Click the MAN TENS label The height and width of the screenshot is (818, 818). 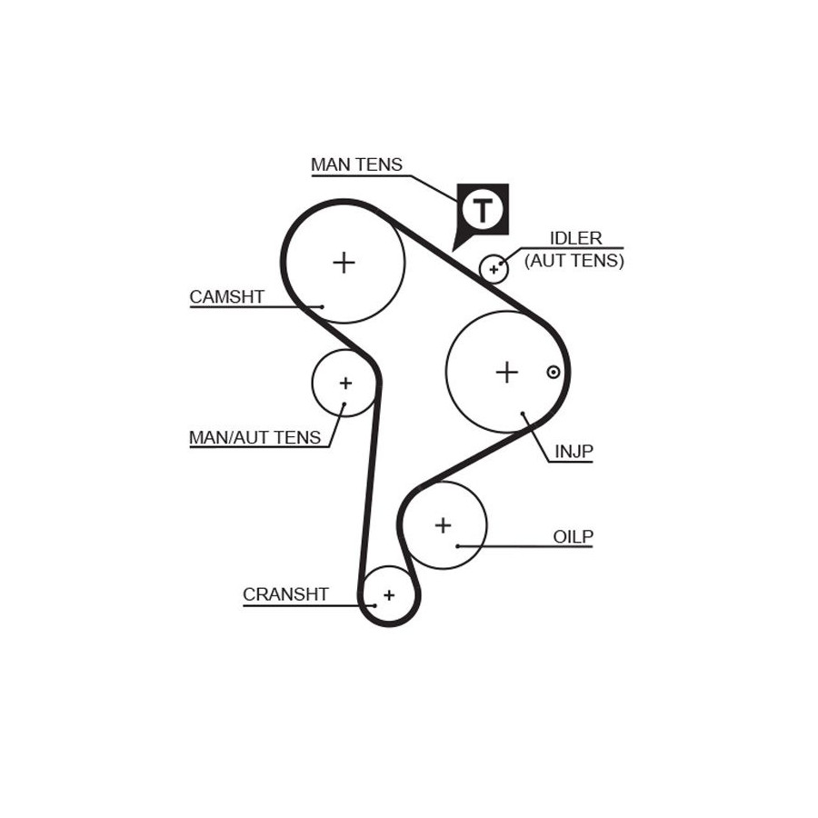(356, 165)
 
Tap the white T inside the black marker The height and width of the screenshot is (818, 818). (482, 211)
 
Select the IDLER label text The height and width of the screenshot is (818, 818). (575, 238)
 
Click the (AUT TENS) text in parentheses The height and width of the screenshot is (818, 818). (574, 260)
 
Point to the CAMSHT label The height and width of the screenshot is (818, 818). (226, 297)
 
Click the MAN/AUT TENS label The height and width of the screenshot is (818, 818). (254, 437)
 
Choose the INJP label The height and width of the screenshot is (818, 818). (573, 451)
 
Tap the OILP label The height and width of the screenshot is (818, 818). (573, 536)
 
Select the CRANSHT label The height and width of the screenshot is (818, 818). (285, 594)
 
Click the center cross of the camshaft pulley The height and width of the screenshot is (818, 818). (344, 263)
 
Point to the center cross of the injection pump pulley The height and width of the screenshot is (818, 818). (506, 372)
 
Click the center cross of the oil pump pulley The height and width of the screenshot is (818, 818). (443, 524)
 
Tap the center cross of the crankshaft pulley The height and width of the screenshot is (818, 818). (389, 595)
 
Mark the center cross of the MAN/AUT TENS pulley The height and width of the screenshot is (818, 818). (345, 384)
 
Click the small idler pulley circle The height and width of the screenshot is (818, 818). (494, 269)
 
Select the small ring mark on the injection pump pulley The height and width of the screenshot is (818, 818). (552, 372)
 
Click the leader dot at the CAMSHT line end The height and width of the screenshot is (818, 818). (322, 306)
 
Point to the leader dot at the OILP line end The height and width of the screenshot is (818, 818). (458, 545)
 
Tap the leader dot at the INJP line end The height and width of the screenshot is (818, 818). (524, 415)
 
